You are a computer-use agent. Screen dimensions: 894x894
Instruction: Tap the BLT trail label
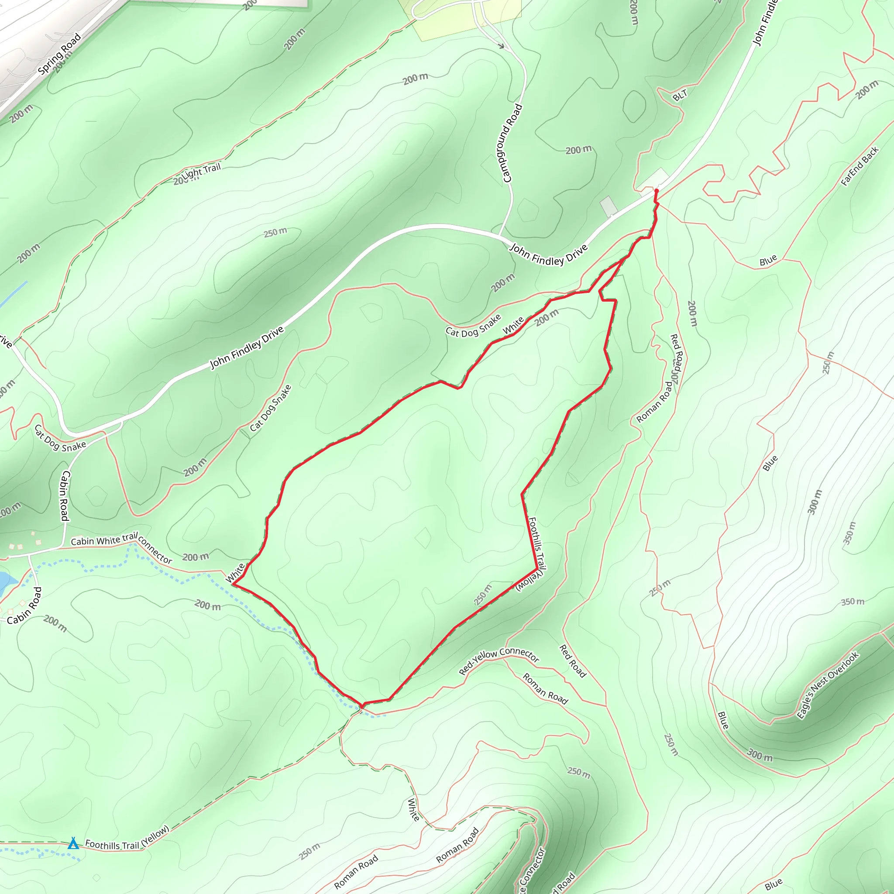680,95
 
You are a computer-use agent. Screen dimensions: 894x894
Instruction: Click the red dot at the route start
656,191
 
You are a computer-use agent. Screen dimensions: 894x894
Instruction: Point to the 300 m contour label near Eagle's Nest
760,756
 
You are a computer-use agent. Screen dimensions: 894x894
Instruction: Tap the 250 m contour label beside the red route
483,595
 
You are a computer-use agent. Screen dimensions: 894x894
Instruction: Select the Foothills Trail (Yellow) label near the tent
127,838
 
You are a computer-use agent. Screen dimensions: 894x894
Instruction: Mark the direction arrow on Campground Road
501,46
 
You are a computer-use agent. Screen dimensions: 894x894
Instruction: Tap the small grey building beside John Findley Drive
609,206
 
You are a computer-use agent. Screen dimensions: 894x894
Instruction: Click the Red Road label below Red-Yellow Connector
573,661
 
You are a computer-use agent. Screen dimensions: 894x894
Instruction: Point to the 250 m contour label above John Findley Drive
275,232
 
